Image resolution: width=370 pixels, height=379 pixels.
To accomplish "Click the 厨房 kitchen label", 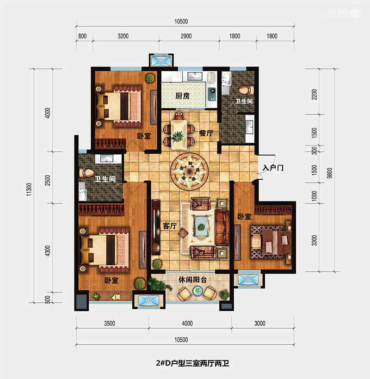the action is point(182,96).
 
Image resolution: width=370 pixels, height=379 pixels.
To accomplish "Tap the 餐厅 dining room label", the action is point(206,133).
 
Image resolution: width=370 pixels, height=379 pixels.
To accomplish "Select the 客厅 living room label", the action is point(170,226).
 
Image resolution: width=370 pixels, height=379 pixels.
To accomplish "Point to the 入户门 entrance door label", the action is point(273,167).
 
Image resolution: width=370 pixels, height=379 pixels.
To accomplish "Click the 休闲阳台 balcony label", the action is point(192,280).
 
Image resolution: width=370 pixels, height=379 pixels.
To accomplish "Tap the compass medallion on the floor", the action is point(189,171).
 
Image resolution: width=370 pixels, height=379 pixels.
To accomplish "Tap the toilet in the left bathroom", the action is point(86,173).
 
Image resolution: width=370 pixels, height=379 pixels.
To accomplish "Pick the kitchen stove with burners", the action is point(212,94).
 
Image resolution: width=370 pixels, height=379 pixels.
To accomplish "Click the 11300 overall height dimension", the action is point(29,189).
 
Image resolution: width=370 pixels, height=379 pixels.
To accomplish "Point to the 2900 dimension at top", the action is point(186,36).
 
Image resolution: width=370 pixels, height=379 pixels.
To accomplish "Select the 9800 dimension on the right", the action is point(330,173).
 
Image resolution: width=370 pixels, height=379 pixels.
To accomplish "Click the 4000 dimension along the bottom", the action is point(187,324).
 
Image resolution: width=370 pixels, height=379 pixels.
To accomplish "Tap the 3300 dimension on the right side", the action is point(314,240).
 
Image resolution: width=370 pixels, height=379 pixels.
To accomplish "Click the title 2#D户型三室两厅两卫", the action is point(192,363).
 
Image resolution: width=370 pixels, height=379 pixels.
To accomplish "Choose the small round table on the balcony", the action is point(197,291).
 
